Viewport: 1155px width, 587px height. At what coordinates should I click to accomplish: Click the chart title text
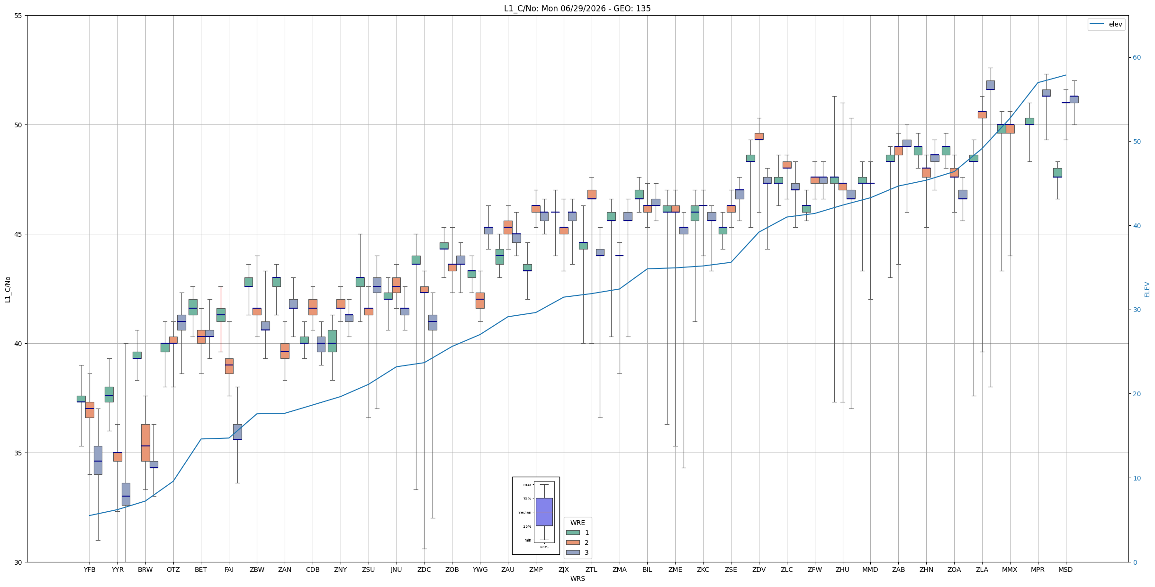(x=577, y=9)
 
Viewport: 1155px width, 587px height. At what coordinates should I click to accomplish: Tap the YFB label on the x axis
(x=90, y=569)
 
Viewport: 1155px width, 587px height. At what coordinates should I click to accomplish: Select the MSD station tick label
(x=1065, y=569)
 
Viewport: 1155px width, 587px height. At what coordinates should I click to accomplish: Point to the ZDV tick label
(x=759, y=569)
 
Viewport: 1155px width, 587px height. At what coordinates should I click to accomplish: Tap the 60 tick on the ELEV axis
(x=1137, y=58)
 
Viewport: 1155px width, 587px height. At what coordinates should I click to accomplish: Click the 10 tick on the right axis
(x=1137, y=478)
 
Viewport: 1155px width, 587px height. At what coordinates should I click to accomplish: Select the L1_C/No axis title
(x=8, y=289)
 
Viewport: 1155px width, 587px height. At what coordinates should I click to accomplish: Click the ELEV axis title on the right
(x=1147, y=289)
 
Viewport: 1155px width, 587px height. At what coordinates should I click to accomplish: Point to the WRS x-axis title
(x=577, y=578)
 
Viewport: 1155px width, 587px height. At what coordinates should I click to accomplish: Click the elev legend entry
(x=1107, y=24)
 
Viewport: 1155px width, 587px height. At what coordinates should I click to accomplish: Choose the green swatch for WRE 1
(x=573, y=533)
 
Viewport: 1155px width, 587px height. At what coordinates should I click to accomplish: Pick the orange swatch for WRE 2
(x=573, y=543)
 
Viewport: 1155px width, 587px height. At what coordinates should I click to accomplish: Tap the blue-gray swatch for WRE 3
(x=573, y=552)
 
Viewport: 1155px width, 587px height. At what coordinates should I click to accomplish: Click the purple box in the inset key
(x=544, y=512)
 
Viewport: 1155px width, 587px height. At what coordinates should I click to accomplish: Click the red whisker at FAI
(x=221, y=319)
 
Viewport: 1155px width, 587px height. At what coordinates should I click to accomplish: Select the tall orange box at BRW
(x=145, y=443)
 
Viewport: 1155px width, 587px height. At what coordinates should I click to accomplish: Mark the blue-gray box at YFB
(x=98, y=460)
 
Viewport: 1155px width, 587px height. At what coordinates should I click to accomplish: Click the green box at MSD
(x=1057, y=173)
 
